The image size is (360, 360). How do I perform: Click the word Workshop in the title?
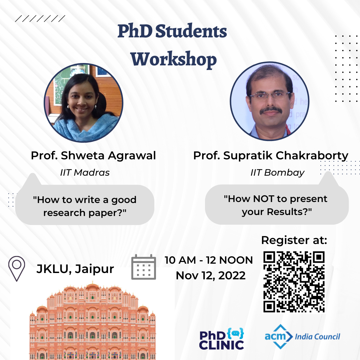click(174, 59)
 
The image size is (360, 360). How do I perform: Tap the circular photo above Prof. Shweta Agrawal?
click(84, 103)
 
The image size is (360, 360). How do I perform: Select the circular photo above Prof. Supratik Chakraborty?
click(270, 101)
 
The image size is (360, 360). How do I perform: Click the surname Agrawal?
click(132, 156)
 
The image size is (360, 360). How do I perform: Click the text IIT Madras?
click(85, 172)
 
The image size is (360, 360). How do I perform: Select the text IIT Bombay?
click(277, 172)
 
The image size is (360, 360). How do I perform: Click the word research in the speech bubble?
click(64, 213)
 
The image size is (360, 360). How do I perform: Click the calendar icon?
click(143, 267)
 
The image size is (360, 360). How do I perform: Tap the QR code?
click(294, 282)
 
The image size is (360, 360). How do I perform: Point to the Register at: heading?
click(294, 240)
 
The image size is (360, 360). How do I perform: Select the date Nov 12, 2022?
click(211, 276)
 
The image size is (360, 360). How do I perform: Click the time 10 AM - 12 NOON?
click(209, 260)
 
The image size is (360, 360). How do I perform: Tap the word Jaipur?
click(94, 269)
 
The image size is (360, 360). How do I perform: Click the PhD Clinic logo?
click(222, 339)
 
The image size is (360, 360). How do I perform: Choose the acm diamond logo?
click(279, 337)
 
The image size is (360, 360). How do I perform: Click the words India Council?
click(317, 337)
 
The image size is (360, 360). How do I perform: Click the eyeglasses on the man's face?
click(270, 95)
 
